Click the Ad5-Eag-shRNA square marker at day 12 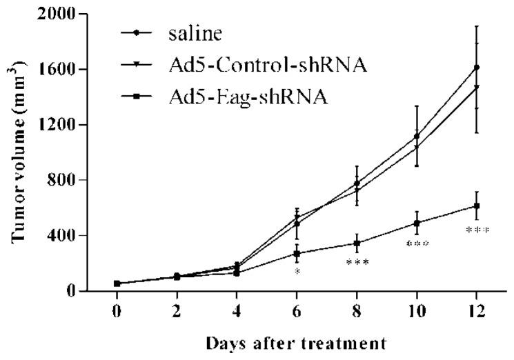click(477, 206)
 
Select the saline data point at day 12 click(477, 67)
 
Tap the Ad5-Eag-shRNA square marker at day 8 click(357, 243)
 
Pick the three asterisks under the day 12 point click(477, 230)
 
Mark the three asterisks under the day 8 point click(357, 263)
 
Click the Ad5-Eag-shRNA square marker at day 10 click(417, 223)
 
